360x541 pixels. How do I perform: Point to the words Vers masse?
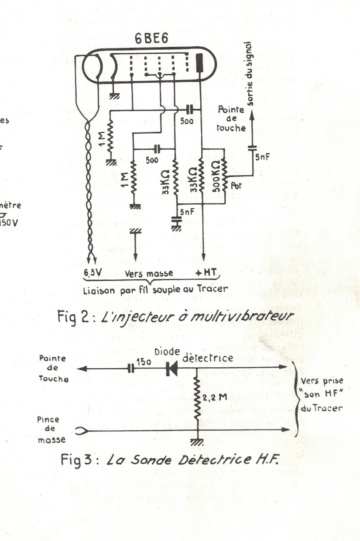click(149, 273)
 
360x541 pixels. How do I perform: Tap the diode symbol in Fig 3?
click(171, 369)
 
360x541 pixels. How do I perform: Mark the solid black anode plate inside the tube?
click(200, 62)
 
